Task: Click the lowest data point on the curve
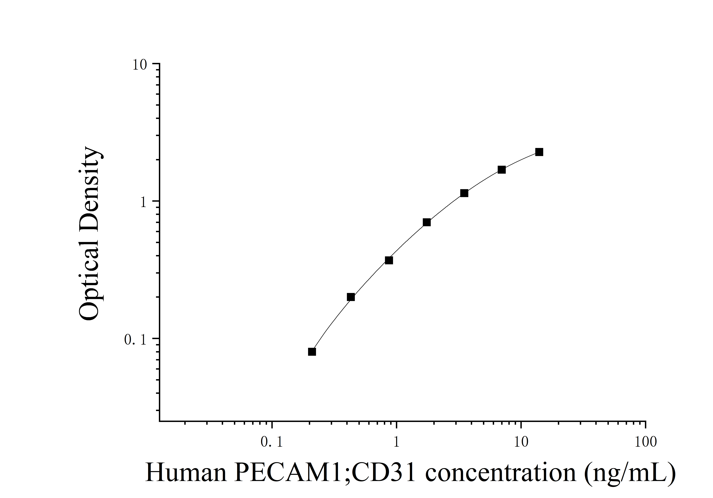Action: click(x=312, y=352)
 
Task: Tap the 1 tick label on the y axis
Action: click(x=143, y=203)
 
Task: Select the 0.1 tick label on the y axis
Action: click(x=135, y=340)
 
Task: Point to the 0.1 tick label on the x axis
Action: click(x=272, y=442)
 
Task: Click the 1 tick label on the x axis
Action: click(x=396, y=442)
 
